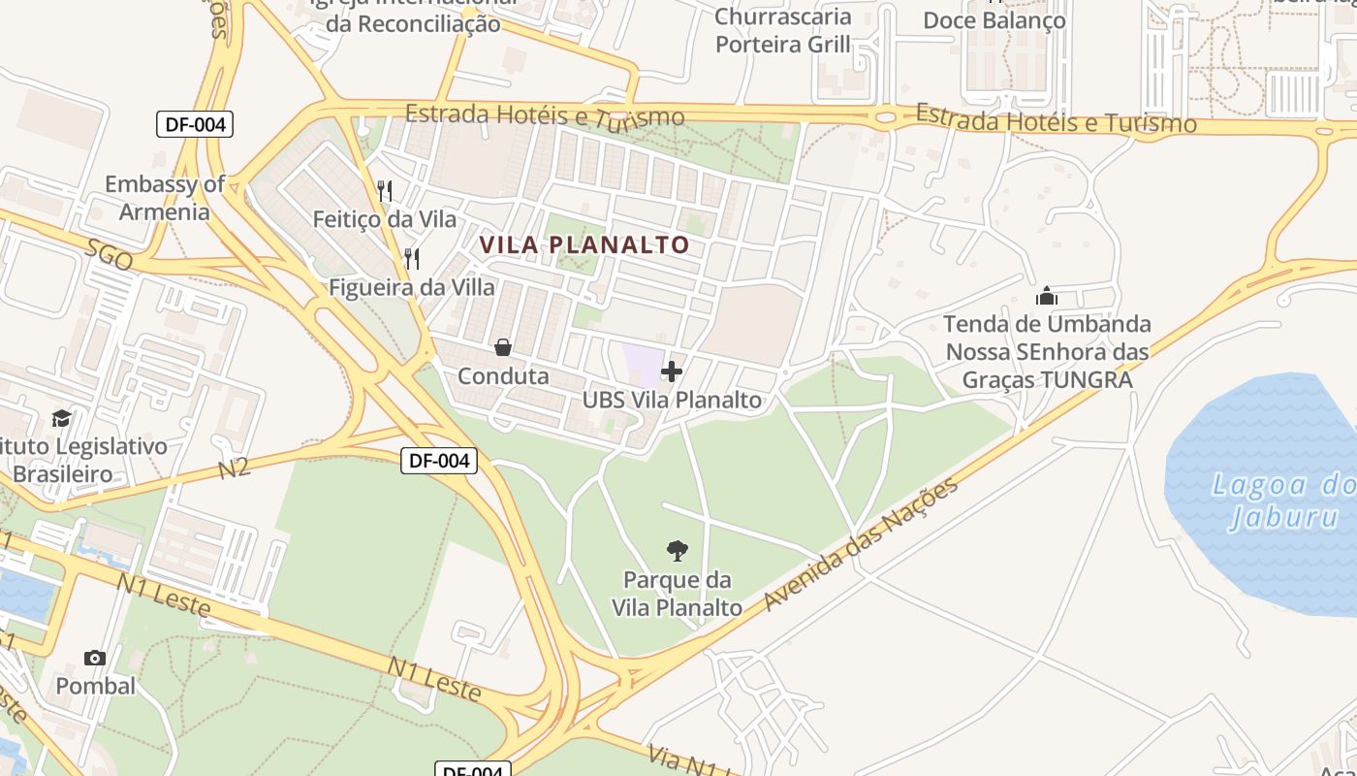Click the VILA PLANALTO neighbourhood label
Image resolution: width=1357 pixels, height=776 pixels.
click(584, 245)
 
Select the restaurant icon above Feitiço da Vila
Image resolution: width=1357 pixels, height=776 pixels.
click(385, 190)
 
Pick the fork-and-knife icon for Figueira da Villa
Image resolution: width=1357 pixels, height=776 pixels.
click(412, 258)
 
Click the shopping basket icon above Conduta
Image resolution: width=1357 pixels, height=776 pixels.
click(503, 347)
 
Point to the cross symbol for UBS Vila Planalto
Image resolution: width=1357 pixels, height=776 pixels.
click(672, 372)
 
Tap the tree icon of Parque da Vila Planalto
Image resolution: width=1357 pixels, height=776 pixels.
click(678, 551)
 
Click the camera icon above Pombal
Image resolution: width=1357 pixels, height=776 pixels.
click(95, 658)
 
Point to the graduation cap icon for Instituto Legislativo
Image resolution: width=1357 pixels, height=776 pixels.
click(61, 418)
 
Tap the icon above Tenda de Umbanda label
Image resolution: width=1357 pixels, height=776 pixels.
click(1047, 296)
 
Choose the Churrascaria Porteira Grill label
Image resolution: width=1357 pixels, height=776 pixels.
click(783, 30)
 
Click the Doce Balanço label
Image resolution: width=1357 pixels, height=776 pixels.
click(994, 19)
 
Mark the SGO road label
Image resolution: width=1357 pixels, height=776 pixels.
click(109, 256)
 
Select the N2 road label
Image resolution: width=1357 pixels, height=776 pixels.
click(234, 469)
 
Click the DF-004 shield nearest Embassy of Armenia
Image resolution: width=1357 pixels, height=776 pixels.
click(195, 124)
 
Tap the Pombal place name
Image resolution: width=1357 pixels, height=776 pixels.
click(95, 686)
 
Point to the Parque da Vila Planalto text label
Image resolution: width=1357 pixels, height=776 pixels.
click(677, 594)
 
